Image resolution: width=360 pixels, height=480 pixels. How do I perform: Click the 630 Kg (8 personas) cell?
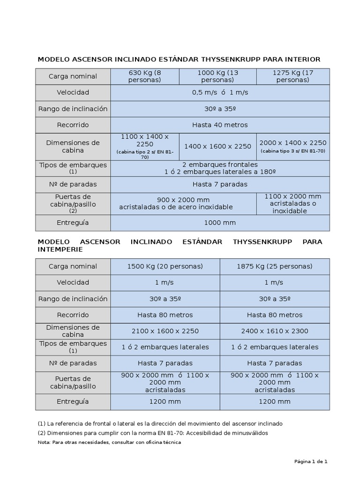click(x=144, y=76)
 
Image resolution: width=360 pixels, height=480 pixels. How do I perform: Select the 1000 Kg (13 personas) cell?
click(x=217, y=76)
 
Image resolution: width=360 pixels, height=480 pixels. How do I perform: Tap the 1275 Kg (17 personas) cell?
click(x=292, y=76)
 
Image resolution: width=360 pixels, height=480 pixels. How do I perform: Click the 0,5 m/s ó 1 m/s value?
click(x=219, y=92)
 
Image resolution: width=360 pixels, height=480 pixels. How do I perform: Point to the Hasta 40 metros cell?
click(x=219, y=125)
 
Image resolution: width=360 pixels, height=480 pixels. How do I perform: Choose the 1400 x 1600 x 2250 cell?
click(x=217, y=146)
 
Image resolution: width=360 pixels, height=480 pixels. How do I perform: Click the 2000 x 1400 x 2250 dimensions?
click(x=292, y=143)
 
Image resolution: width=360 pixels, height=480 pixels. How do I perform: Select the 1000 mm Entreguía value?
click(x=219, y=223)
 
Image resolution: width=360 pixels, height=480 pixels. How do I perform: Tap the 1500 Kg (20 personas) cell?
click(x=165, y=266)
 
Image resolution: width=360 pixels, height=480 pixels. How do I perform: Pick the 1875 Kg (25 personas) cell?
click(x=274, y=266)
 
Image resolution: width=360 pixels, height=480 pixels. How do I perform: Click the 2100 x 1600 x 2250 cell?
click(x=165, y=331)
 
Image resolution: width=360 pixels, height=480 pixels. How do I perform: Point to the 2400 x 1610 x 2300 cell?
click(x=274, y=331)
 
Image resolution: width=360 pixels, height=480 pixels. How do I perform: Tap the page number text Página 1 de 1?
click(x=310, y=461)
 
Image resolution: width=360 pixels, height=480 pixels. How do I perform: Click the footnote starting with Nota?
click(x=109, y=442)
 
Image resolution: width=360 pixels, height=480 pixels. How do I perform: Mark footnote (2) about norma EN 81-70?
click(x=152, y=433)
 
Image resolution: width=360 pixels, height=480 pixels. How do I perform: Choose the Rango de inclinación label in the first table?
click(x=73, y=109)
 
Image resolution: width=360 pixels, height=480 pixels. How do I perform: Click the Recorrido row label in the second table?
click(x=73, y=315)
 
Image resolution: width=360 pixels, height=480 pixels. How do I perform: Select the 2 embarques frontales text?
click(x=219, y=165)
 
